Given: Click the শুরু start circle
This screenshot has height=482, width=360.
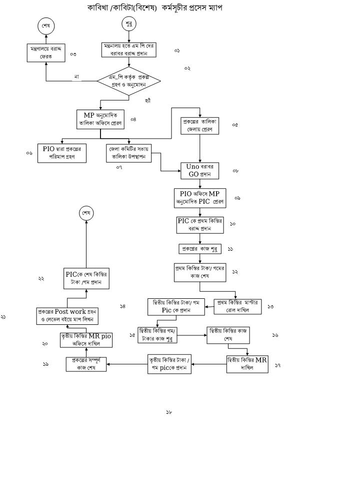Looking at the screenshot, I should point(129,24).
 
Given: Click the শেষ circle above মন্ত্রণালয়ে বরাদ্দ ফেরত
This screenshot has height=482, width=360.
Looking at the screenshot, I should point(46,26).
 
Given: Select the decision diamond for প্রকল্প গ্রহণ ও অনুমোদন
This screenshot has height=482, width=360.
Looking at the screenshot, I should point(129,81).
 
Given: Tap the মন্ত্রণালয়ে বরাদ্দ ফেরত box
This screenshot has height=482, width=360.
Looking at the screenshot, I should point(46,53).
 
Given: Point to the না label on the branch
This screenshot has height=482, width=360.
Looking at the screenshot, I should point(76,77).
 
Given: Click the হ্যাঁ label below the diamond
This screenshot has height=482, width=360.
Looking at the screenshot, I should point(147,101).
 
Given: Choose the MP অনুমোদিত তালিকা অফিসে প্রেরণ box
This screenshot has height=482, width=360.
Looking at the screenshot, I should point(100,119).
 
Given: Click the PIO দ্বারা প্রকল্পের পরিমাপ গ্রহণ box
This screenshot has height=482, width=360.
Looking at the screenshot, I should point(62,153).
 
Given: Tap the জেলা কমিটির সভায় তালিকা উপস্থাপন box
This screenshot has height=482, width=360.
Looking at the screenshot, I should point(129,153).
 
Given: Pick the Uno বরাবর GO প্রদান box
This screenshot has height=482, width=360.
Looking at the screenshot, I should point(200,171).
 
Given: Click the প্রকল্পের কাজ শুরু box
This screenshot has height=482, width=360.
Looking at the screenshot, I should point(200,249).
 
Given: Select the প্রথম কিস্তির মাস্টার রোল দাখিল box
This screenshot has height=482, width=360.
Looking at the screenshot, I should point(237,306).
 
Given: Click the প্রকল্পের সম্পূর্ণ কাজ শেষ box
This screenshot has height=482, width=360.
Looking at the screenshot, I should point(86,364).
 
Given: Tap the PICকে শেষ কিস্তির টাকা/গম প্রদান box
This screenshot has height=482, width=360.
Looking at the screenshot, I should point(86,278).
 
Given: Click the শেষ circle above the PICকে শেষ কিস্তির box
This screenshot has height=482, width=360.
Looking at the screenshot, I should point(86,213).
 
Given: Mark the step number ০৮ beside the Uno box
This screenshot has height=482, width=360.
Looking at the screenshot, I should point(235,171).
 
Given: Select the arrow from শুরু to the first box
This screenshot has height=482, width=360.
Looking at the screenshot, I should point(129,37).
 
